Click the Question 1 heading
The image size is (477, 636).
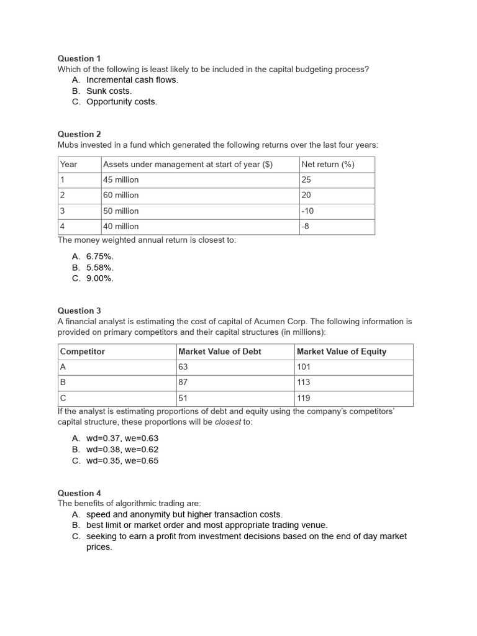click(x=79, y=58)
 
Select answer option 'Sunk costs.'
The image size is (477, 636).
click(x=109, y=91)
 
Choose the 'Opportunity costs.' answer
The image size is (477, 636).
click(x=122, y=102)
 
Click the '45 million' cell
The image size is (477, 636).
click(x=121, y=180)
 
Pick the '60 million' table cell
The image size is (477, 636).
click(x=121, y=196)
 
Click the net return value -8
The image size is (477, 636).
click(x=305, y=227)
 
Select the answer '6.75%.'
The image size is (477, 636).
click(x=100, y=257)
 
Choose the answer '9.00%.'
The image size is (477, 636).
click(x=100, y=278)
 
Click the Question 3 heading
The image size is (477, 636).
click(x=79, y=311)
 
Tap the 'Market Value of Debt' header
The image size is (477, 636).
click(x=220, y=352)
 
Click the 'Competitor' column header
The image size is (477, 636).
click(x=83, y=352)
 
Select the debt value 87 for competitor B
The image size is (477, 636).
click(x=183, y=383)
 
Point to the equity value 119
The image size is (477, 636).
click(x=304, y=398)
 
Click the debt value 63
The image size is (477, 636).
click(x=183, y=367)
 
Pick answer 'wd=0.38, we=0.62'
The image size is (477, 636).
click(x=122, y=449)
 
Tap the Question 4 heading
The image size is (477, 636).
click(x=79, y=493)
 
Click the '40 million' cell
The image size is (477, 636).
click(x=121, y=227)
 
